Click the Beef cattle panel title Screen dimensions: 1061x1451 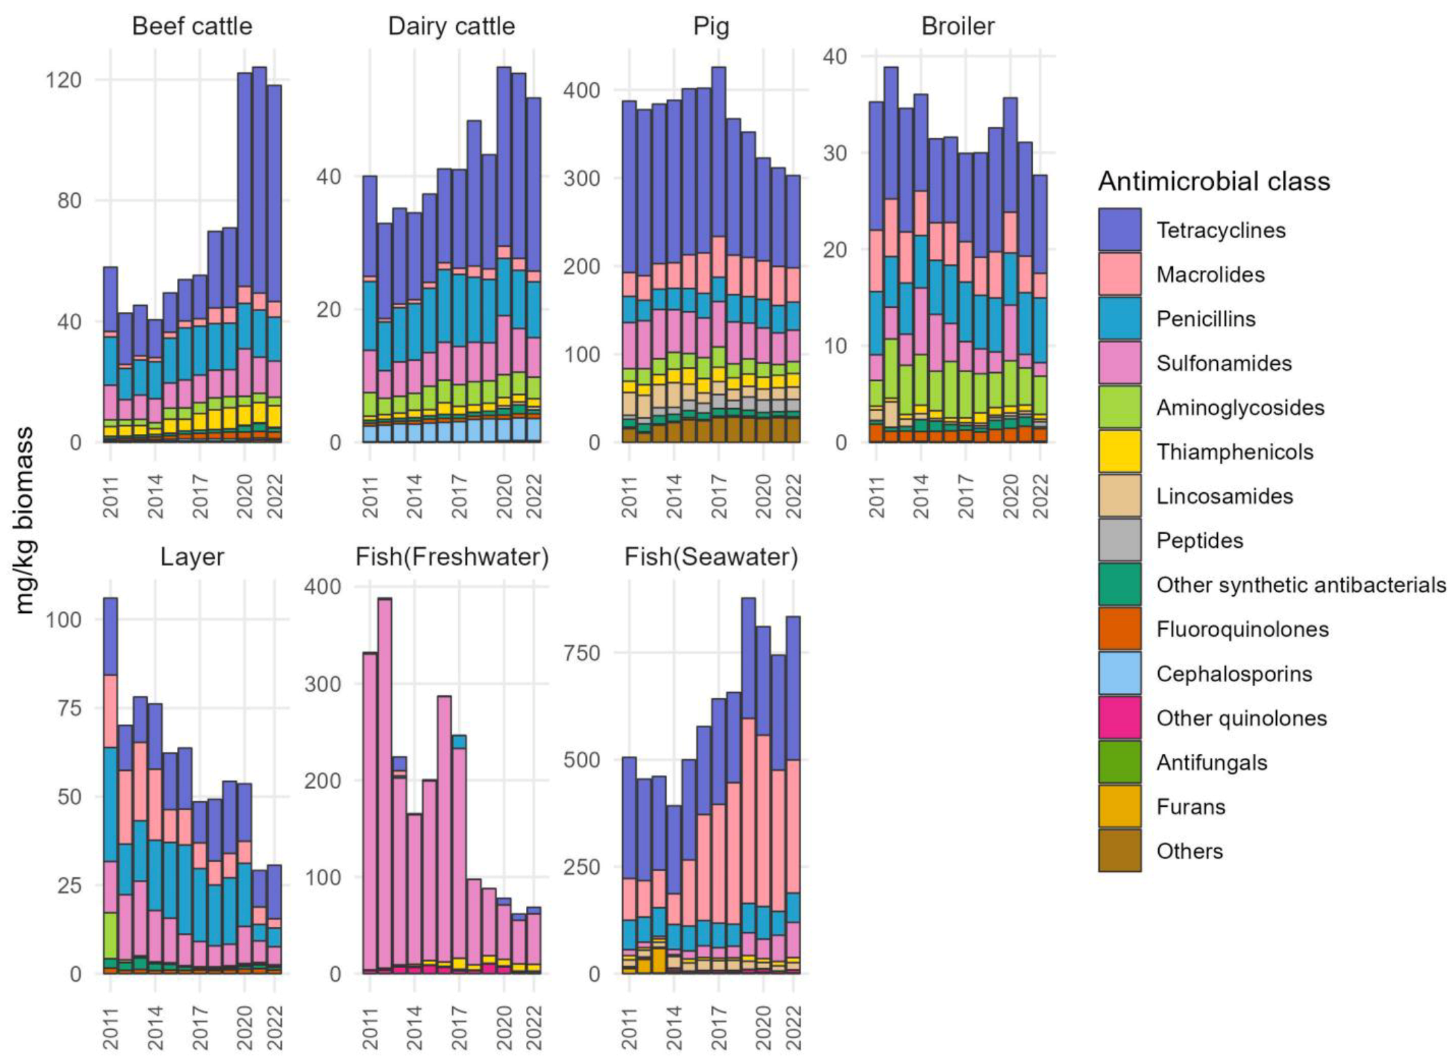click(192, 26)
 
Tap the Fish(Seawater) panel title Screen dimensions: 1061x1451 click(711, 557)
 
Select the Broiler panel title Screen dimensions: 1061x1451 click(958, 26)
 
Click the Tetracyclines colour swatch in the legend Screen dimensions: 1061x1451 click(1120, 230)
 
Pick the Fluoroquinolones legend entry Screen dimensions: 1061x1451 click(1242, 629)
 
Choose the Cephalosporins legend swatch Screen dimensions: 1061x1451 click(1120, 673)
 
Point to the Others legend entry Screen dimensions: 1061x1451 click(1189, 851)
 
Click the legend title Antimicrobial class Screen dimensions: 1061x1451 click(1214, 182)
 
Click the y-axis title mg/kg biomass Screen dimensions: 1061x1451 click(25, 520)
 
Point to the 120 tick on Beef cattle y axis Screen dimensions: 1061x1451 click(63, 80)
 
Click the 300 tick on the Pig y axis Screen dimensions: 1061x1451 click(581, 178)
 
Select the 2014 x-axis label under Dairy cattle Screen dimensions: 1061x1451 click(414, 496)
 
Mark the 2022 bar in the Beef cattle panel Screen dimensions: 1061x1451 click(274, 264)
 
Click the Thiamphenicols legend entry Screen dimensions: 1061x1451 click(1234, 452)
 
